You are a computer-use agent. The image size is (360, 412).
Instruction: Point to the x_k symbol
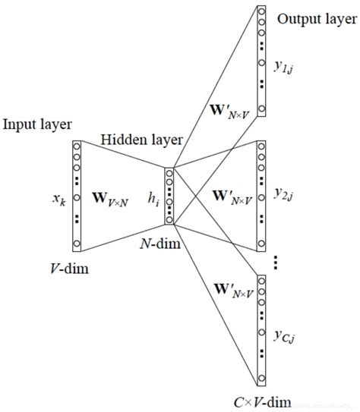pyautogui.click(x=58, y=200)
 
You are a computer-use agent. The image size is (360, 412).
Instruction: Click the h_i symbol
pyautogui.click(x=153, y=199)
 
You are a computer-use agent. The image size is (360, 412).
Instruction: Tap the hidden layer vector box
pyautogui.click(x=169, y=196)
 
